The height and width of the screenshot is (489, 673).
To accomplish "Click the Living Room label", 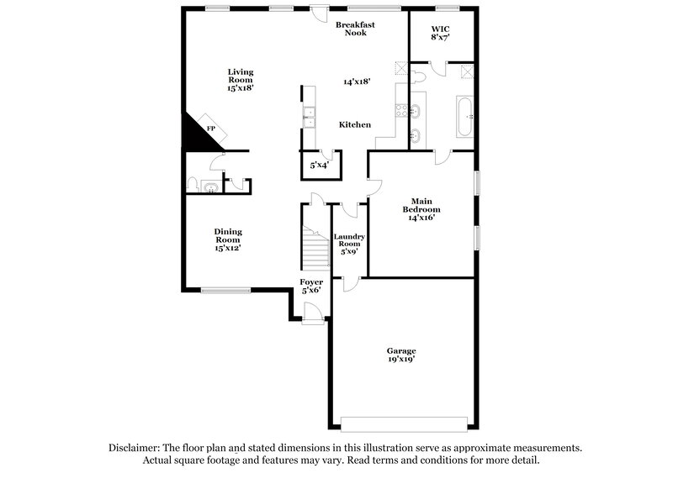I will click(240, 79).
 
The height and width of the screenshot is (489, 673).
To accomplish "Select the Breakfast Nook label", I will click(355, 29).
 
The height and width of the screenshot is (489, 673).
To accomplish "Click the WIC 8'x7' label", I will click(441, 32).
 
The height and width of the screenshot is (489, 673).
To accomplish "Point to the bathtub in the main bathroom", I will click(465, 117).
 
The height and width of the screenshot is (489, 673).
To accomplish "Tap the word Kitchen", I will click(354, 124).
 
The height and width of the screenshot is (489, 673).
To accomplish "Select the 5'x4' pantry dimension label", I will click(319, 166).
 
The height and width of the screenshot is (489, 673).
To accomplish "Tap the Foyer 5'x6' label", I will click(311, 286).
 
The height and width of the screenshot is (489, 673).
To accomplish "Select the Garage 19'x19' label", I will click(401, 355).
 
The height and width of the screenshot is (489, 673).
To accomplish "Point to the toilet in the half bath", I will click(193, 185).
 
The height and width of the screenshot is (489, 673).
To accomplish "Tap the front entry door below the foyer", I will click(312, 316).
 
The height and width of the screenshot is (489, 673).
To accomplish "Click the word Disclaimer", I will click(138, 449).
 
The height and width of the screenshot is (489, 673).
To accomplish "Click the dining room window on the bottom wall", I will click(226, 291).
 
